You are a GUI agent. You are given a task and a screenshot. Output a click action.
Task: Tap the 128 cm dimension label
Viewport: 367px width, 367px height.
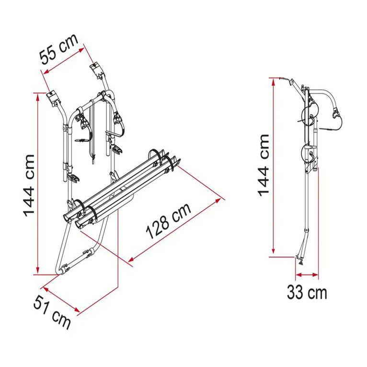(x=169, y=221)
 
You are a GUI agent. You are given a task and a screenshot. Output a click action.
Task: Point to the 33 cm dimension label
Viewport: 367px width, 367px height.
(x=307, y=292)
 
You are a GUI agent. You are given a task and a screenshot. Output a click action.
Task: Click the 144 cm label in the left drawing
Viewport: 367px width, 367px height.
(x=29, y=186)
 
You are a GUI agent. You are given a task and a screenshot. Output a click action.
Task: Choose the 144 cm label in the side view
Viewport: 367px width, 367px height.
(x=264, y=166)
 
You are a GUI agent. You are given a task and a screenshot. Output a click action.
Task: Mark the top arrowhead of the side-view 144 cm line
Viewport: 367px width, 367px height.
(x=273, y=81)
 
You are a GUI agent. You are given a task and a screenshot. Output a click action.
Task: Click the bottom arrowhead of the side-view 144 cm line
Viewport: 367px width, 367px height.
(x=273, y=251)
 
